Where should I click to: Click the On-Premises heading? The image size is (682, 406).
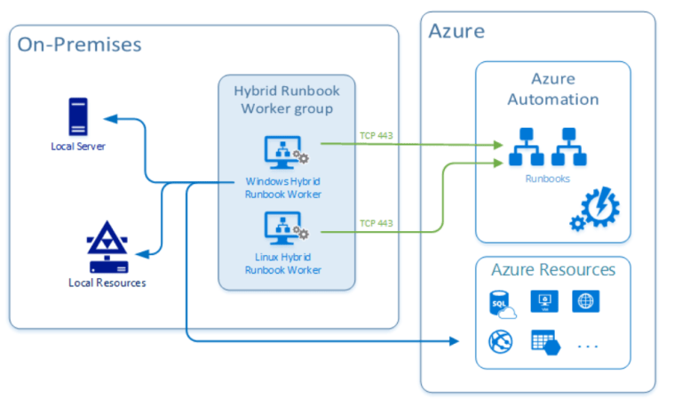(79, 44)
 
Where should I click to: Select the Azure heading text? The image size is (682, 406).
(456, 31)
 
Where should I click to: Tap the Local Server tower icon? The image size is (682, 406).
(78, 117)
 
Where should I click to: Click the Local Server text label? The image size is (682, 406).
(78, 146)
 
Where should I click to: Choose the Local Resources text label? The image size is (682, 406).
(107, 283)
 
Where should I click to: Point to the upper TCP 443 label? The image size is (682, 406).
(377, 135)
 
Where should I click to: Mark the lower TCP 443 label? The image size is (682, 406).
(377, 222)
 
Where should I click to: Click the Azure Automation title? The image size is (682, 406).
(552, 90)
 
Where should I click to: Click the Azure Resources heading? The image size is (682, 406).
(552, 269)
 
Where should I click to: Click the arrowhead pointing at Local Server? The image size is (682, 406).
(108, 117)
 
